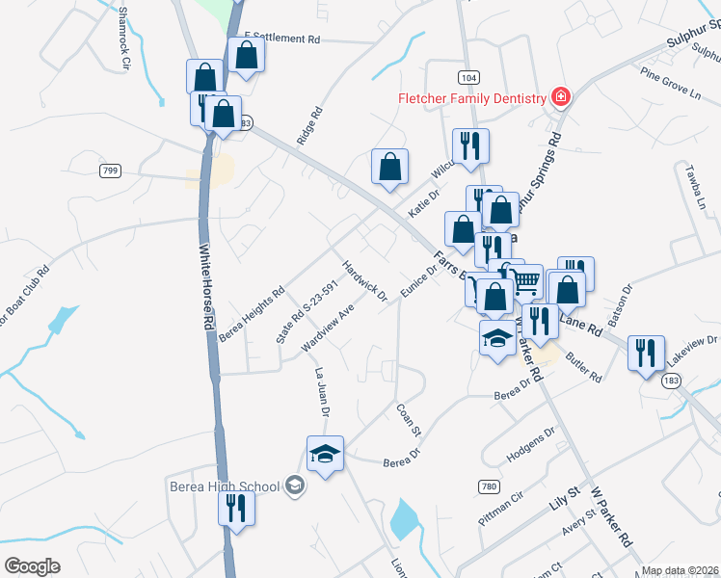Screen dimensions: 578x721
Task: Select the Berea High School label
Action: [225, 486]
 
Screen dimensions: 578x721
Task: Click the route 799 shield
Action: [109, 171]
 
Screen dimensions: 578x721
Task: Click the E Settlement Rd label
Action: [281, 39]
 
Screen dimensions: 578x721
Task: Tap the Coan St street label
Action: [405, 420]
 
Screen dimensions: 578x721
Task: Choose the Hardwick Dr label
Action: [365, 278]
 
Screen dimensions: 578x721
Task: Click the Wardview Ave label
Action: [328, 328]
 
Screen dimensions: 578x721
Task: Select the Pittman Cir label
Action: [502, 508]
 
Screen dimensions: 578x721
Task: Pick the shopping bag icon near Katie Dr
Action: [389, 167]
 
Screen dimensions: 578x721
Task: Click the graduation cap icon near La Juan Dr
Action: [326, 454]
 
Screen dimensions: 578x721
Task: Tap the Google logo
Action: [32, 566]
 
